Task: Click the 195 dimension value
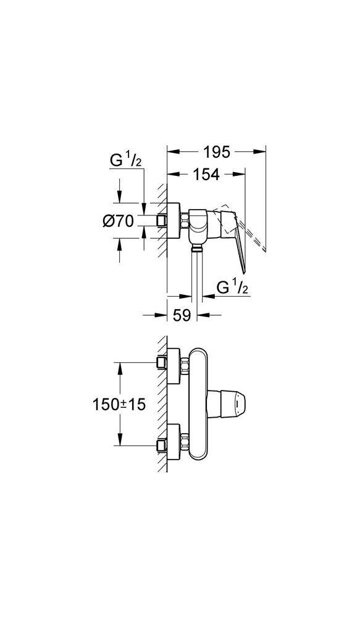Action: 217,152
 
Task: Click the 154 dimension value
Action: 206,175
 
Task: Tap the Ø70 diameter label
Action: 118,222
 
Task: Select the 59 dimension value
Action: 182,315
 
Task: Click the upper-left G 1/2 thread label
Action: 125,161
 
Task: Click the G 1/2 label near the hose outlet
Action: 232,288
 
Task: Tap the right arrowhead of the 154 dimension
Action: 239,173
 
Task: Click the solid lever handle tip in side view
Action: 244,271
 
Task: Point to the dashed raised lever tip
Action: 265,249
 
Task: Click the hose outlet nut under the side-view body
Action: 196,247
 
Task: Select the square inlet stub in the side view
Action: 161,221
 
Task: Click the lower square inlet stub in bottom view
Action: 162,445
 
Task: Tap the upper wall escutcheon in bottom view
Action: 174,366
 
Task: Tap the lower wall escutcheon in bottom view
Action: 174,442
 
